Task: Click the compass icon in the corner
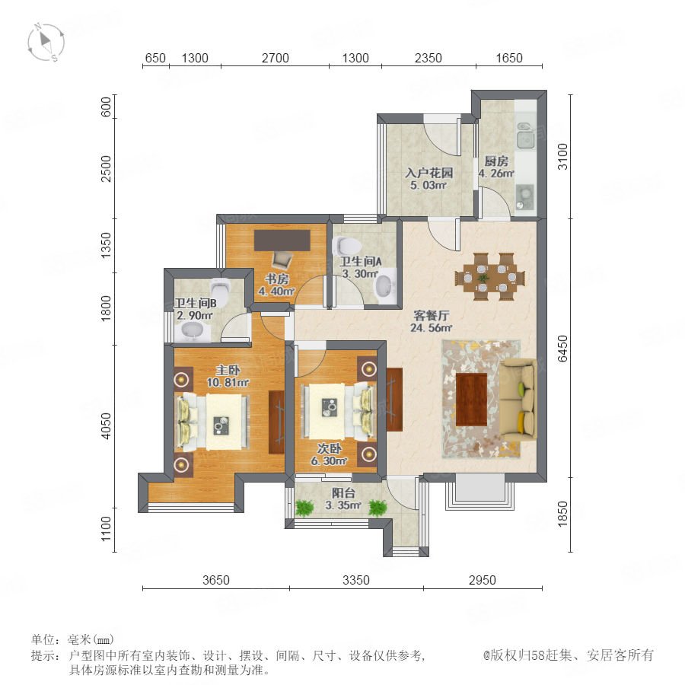click(46, 42)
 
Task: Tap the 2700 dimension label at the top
click(276, 58)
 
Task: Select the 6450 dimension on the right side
click(562, 349)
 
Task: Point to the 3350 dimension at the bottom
click(356, 580)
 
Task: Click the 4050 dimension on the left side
click(106, 426)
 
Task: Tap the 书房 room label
click(277, 279)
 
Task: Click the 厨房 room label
click(496, 161)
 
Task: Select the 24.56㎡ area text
click(432, 327)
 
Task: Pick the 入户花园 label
click(429, 173)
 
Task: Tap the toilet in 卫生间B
click(220, 291)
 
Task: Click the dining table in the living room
click(489, 277)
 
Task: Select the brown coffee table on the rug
click(471, 400)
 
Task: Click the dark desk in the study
click(282, 241)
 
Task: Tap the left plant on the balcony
click(304, 508)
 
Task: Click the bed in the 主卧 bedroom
click(212, 422)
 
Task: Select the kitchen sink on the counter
click(525, 135)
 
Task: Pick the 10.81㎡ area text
click(228, 383)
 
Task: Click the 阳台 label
click(343, 493)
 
